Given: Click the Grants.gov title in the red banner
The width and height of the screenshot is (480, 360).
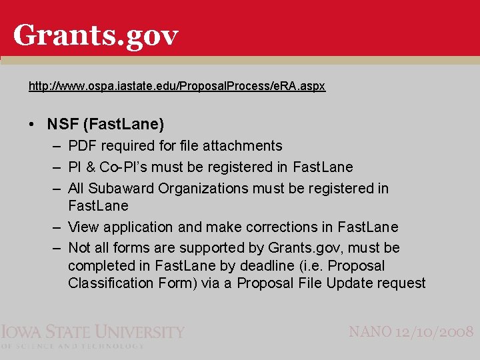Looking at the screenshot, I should coord(95,35).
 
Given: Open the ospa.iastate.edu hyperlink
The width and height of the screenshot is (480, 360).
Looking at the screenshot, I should coord(177,86).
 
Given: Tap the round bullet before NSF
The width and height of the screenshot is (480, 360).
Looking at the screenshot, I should coord(33,125).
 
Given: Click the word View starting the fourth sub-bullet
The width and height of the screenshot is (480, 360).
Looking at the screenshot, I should coord(83,227).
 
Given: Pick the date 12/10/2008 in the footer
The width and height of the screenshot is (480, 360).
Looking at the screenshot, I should coord(437,331).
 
